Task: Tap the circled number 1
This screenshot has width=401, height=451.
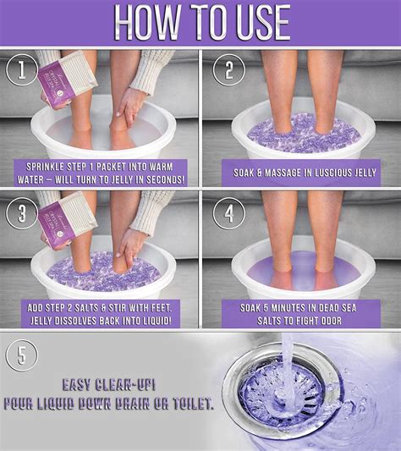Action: click(x=21, y=69)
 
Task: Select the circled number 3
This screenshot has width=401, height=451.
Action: click(x=21, y=212)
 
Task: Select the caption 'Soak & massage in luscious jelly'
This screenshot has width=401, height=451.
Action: click(x=301, y=172)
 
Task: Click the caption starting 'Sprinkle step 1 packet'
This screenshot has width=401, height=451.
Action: click(x=106, y=172)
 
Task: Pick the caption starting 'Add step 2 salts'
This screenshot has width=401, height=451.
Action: click(x=106, y=313)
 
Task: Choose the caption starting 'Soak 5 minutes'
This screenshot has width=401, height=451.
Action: click(x=301, y=313)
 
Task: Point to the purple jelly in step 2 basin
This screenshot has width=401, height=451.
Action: click(x=300, y=135)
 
